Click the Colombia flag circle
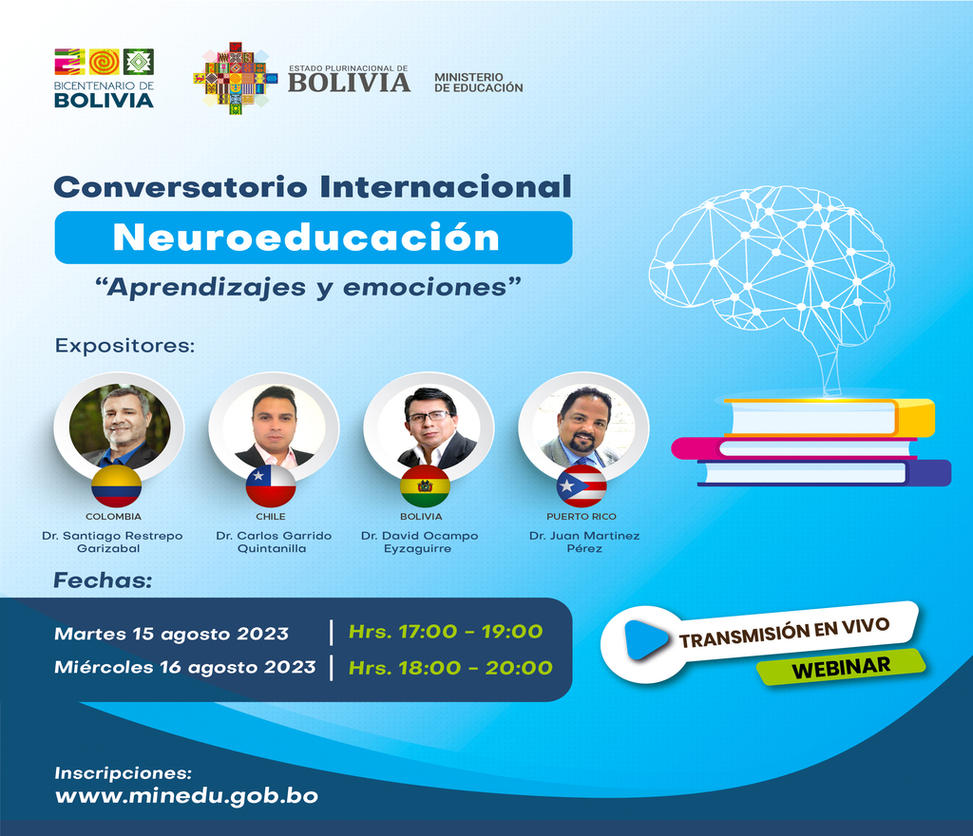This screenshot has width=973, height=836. point(116,486)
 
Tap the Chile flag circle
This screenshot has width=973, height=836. point(271,486)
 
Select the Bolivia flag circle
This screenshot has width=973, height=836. point(425,486)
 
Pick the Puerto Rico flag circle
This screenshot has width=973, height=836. point(582,486)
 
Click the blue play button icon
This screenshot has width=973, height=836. point(645,639)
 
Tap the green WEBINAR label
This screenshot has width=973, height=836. point(841,667)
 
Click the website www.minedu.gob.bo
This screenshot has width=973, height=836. point(187,796)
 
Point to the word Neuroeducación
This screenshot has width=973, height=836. point(306,237)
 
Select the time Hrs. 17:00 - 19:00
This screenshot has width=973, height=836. point(446,632)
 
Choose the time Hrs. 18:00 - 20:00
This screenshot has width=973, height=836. point(450,667)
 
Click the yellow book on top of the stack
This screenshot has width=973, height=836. point(829,417)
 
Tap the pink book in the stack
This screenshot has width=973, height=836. point(794,448)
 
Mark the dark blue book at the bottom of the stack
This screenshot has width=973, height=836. point(824,472)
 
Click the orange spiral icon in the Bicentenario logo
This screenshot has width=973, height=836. point(105,62)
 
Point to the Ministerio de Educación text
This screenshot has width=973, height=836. point(479,83)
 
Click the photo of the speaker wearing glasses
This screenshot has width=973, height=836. point(429,427)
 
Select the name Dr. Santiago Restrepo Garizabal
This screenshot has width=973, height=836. point(112,541)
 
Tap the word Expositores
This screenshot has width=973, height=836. point(124,346)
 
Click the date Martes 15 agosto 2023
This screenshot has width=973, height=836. point(171,634)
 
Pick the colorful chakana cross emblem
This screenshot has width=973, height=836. point(236,79)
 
